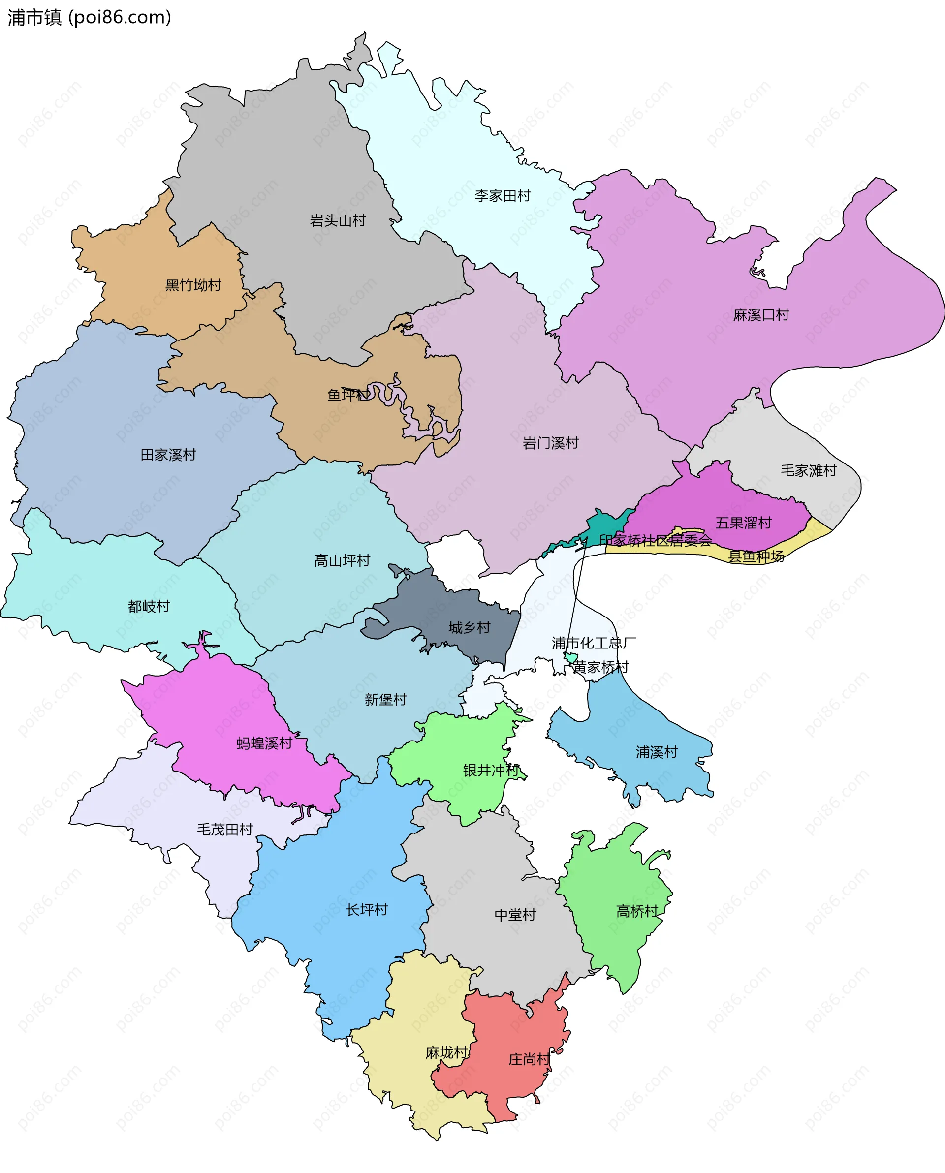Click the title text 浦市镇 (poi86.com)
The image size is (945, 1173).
(89, 17)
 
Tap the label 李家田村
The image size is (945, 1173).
(502, 196)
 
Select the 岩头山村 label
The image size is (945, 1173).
(338, 221)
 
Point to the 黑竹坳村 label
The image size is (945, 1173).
(193, 285)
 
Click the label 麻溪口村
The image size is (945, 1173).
(760, 315)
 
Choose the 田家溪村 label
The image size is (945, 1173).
(168, 455)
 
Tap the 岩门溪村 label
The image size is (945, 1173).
(550, 443)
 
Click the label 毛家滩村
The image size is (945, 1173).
(808, 470)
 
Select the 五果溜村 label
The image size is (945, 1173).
(743, 523)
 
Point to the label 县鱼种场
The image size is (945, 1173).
(756, 556)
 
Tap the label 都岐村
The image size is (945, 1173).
(149, 606)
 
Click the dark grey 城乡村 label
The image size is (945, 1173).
(469, 627)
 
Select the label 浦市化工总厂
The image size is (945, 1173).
(594, 643)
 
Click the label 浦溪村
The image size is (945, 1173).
(656, 752)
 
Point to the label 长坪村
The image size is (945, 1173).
(366, 910)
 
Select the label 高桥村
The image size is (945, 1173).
(636, 911)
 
